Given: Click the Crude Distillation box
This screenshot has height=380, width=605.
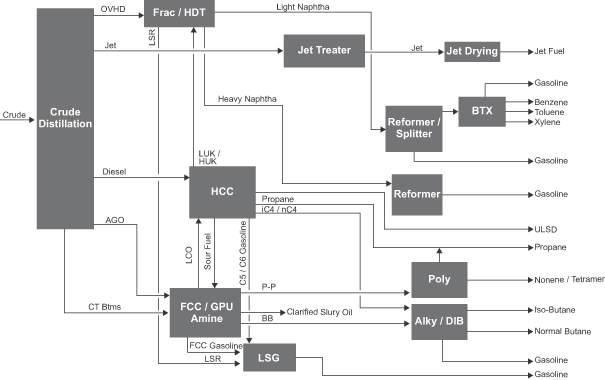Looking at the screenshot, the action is click(65, 118).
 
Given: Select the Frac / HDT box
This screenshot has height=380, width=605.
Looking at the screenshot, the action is click(179, 13).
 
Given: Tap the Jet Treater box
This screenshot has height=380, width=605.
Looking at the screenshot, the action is click(324, 51).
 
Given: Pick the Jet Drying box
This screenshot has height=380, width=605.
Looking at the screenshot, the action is click(472, 52).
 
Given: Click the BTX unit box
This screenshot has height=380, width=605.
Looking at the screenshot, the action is click(482, 111).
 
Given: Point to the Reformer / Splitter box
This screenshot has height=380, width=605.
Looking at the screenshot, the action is click(414, 128).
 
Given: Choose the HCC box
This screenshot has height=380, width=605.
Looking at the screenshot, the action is click(222, 192).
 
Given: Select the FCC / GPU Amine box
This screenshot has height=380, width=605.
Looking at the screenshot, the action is click(205, 312).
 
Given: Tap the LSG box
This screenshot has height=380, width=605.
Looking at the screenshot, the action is click(269, 358).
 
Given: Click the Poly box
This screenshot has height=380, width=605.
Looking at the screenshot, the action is click(439, 280).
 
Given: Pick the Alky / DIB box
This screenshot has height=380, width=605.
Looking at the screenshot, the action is click(439, 322).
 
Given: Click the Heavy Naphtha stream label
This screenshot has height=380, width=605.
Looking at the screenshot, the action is click(247, 99).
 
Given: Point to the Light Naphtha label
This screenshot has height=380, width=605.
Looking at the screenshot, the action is click(303, 7).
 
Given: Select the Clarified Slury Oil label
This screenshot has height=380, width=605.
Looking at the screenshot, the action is click(319, 312).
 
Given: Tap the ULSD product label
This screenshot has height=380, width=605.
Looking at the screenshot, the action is click(546, 230).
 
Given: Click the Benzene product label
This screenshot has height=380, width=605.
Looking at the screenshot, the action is click(551, 102).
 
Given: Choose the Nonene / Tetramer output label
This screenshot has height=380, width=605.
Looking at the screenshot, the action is click(570, 280).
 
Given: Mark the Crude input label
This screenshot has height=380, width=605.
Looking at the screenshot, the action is click(14, 115).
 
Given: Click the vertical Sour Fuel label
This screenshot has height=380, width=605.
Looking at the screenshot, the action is click(208, 251).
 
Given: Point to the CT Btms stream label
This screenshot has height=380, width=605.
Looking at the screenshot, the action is click(105, 307).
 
